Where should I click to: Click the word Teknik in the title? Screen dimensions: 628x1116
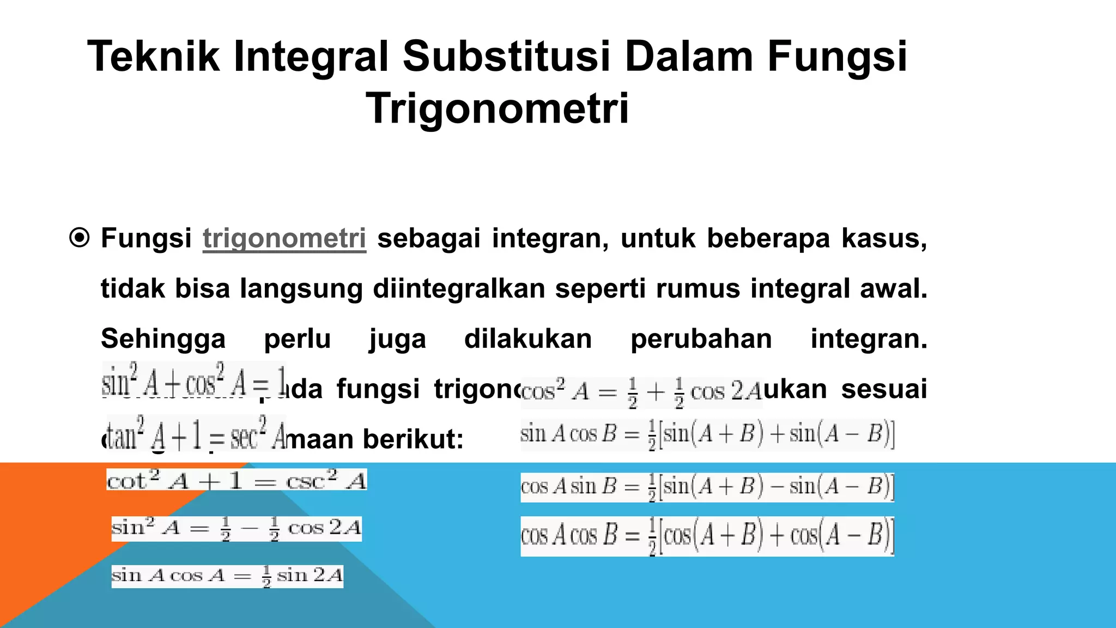(x=154, y=57)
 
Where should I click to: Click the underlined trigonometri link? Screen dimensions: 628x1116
(x=284, y=239)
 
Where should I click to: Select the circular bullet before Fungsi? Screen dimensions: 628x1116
(x=80, y=238)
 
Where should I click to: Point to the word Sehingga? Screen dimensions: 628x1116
(x=163, y=339)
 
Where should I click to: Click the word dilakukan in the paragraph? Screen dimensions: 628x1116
(x=527, y=339)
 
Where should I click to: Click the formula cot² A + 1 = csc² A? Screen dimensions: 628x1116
(x=236, y=480)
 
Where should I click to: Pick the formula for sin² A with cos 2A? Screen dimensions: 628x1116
(x=236, y=528)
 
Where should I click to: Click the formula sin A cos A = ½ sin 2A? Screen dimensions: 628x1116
(x=227, y=576)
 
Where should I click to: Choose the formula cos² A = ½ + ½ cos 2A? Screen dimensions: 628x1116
(x=641, y=392)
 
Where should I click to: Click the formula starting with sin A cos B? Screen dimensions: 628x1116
(x=707, y=435)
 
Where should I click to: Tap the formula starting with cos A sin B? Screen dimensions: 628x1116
(x=707, y=486)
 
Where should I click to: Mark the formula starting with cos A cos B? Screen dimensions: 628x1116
(x=707, y=536)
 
